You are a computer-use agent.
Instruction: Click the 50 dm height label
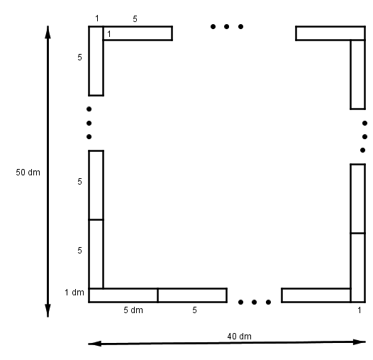(28, 173)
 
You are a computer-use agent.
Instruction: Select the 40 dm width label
(239, 337)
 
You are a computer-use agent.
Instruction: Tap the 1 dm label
(74, 293)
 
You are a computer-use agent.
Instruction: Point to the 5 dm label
(133, 310)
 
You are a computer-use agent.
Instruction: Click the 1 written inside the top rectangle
(109, 34)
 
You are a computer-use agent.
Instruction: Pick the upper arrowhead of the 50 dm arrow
(48, 32)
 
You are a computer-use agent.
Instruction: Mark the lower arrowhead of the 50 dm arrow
(48, 311)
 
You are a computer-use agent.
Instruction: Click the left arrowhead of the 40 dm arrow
(95, 344)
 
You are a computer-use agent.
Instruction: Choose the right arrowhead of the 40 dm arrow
(360, 342)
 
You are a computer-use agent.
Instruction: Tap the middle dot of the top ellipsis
(226, 26)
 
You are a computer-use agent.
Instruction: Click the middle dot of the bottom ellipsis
(254, 302)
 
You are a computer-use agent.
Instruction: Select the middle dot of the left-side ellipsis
(89, 123)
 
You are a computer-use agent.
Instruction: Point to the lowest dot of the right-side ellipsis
(362, 150)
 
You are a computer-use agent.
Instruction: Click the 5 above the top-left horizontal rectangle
(135, 19)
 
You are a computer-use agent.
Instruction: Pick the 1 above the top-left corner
(97, 18)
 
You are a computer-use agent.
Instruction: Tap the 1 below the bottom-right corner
(360, 310)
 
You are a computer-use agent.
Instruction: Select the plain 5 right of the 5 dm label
(194, 310)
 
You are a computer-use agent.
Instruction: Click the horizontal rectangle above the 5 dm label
(123, 295)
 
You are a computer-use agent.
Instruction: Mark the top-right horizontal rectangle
(330, 33)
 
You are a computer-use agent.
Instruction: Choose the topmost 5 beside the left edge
(79, 58)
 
